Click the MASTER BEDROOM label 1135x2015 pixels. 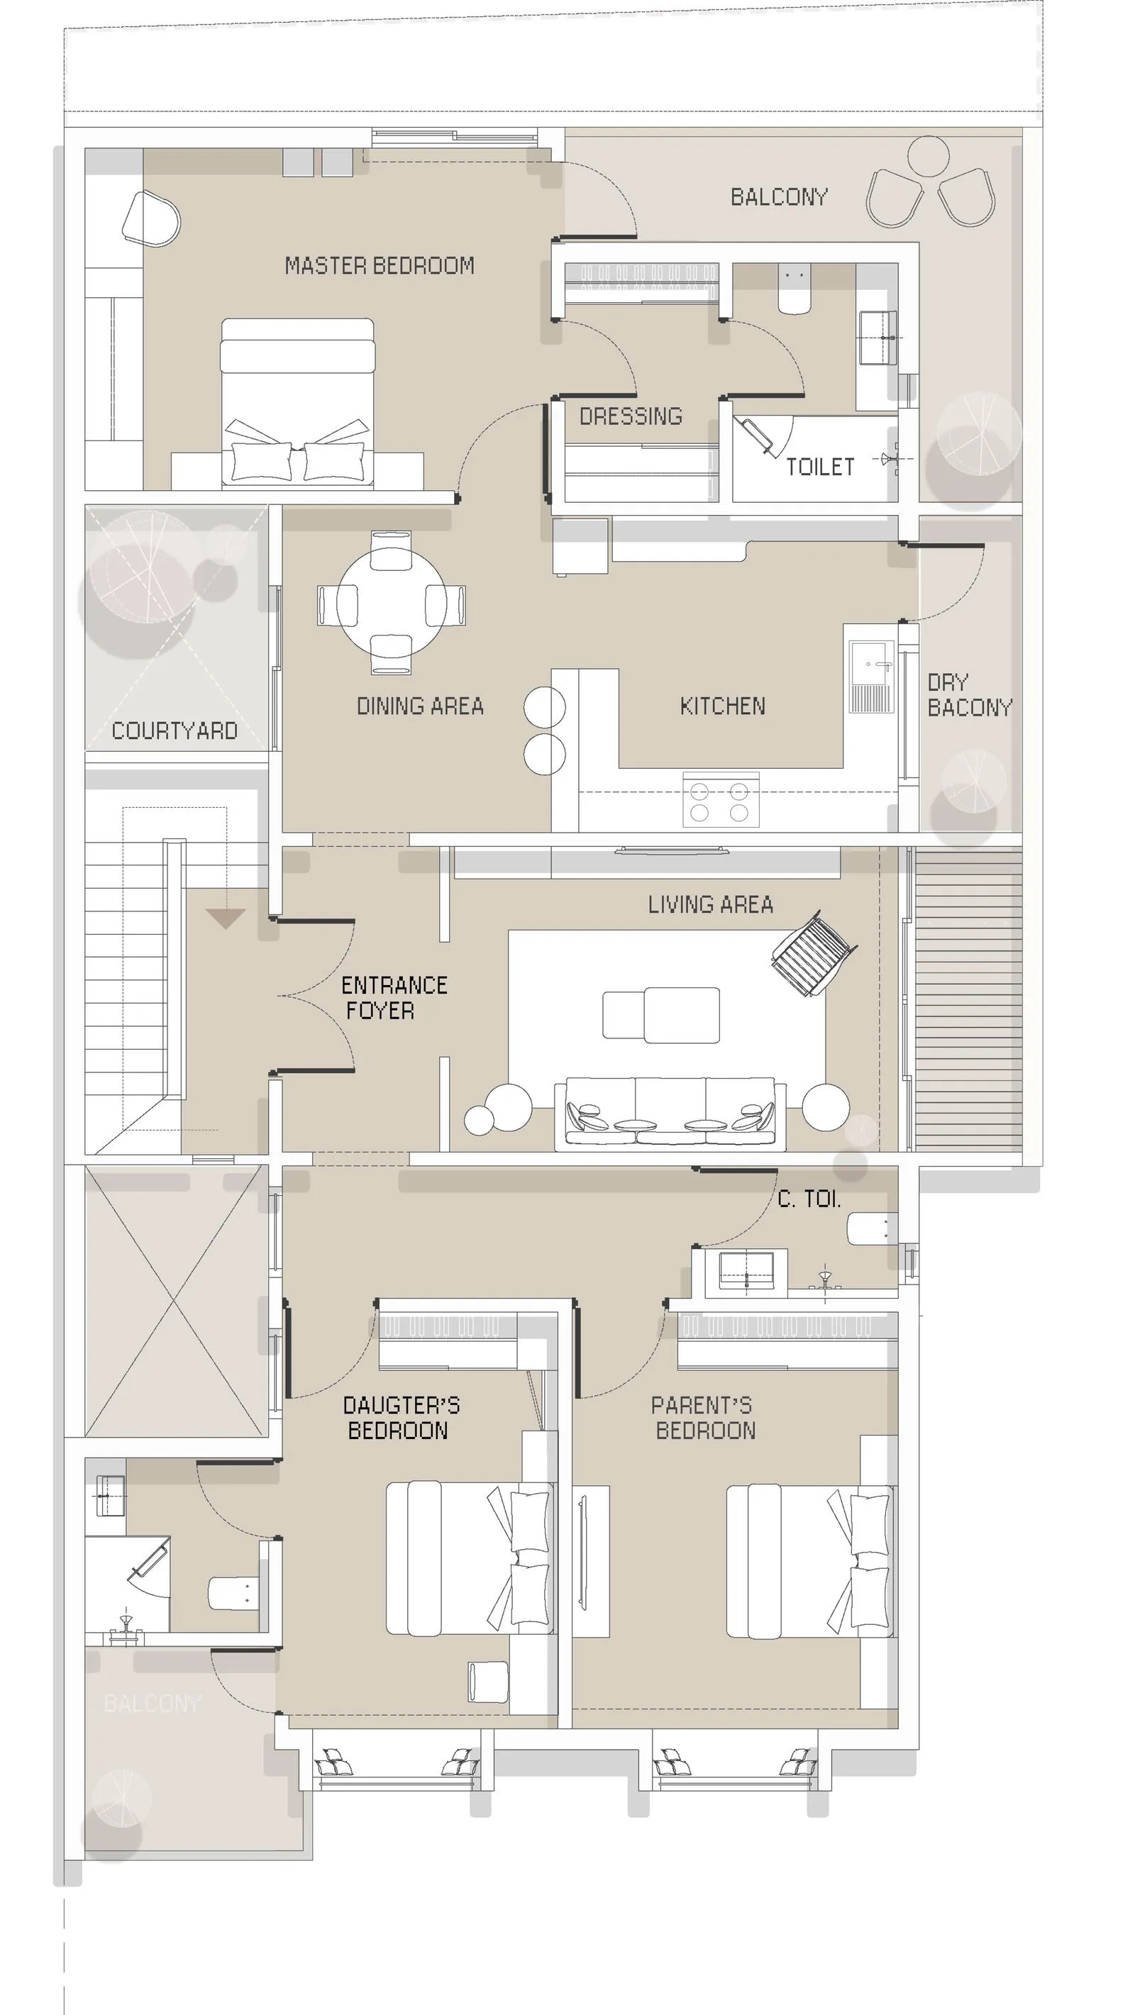[x=380, y=266]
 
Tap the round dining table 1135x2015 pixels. [x=391, y=601]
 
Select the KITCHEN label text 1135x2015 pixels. [x=723, y=706]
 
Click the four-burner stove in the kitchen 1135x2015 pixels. [x=721, y=800]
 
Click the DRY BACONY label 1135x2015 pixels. [x=969, y=694]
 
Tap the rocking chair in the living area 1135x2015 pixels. [x=814, y=953]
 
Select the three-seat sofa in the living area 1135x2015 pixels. [x=670, y=1114]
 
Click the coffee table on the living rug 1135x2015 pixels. [x=661, y=1014]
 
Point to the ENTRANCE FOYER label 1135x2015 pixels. [x=394, y=997]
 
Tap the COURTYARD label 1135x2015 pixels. [x=175, y=731]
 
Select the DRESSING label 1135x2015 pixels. [x=631, y=416]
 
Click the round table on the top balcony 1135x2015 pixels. [x=929, y=157]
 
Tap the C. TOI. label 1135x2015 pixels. [x=809, y=1199]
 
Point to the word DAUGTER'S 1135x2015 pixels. [x=402, y=1406]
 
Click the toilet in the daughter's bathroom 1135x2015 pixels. [x=233, y=1594]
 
